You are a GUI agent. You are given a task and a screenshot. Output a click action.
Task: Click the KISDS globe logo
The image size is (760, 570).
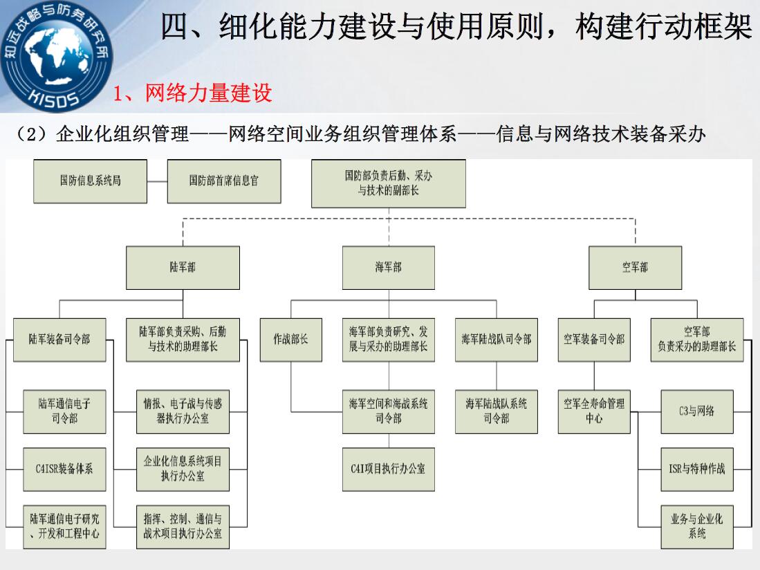click(56, 56)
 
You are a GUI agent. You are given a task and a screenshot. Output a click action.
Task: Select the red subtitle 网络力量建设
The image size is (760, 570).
click(208, 93)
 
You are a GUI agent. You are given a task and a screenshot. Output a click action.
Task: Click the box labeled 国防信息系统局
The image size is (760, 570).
click(90, 181)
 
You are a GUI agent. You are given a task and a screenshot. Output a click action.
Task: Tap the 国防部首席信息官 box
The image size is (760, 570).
click(224, 181)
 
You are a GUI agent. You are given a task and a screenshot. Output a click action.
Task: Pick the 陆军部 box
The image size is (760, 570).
click(183, 268)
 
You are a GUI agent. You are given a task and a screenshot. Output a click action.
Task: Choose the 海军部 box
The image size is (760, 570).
click(388, 268)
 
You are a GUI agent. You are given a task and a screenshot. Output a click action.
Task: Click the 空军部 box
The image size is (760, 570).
click(635, 268)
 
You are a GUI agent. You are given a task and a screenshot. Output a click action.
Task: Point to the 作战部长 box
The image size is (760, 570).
click(291, 340)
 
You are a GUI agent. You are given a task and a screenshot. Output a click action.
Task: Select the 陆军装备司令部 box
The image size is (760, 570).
click(59, 340)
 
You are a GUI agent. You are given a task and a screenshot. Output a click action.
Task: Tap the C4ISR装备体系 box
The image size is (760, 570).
click(64, 469)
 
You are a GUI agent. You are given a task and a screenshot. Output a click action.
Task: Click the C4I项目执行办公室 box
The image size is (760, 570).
click(388, 469)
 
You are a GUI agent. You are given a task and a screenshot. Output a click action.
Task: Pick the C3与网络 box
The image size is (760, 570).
click(697, 412)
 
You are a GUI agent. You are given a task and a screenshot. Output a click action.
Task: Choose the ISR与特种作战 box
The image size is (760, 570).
click(697, 469)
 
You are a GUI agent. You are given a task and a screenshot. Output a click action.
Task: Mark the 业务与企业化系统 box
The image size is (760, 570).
click(697, 527)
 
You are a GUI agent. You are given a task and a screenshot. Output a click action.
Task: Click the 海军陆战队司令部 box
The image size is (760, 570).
click(497, 340)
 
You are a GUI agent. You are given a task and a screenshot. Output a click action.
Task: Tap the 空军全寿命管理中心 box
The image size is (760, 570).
click(594, 412)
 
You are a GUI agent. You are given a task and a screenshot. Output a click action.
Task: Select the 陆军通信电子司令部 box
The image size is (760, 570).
click(64, 412)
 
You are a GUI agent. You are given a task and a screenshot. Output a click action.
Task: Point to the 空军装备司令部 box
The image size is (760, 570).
click(594, 340)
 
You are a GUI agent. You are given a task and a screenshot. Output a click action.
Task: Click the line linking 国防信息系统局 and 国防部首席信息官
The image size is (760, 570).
click(157, 182)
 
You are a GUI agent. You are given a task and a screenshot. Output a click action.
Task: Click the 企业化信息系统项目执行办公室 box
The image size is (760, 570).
click(183, 469)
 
